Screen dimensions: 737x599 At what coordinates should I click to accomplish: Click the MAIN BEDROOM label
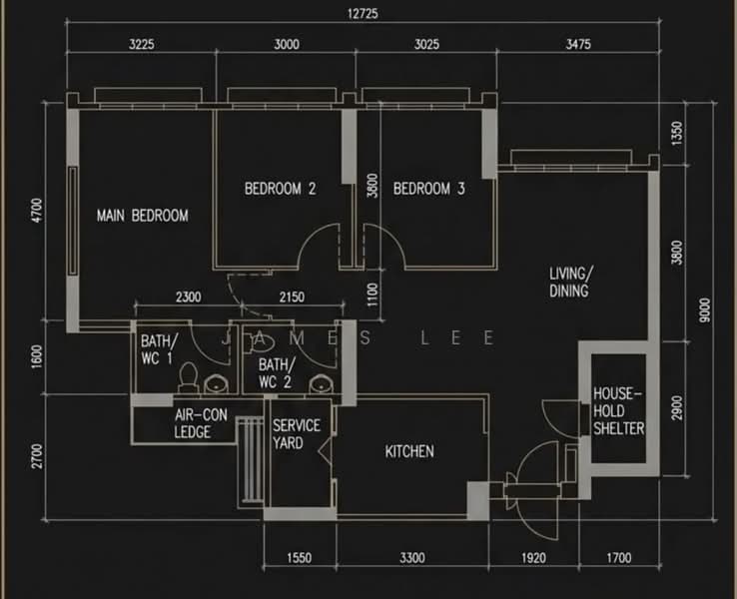(x=143, y=216)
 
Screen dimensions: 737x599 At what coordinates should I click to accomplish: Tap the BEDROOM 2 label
(x=281, y=189)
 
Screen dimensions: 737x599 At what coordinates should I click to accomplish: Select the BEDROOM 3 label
(x=429, y=189)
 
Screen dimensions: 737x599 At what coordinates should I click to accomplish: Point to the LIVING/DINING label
(x=570, y=282)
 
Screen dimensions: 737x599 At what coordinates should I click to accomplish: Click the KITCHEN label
(x=409, y=451)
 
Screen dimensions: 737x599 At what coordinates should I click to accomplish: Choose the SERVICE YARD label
(x=297, y=434)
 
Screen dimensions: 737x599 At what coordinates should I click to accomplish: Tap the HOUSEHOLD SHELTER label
(x=618, y=411)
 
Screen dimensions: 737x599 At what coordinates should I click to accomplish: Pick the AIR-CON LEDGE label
(x=201, y=423)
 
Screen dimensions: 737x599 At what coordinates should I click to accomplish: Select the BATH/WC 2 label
(x=277, y=373)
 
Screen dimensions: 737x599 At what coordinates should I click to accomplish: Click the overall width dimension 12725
(x=363, y=14)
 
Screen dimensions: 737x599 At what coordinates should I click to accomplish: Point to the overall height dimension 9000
(x=705, y=310)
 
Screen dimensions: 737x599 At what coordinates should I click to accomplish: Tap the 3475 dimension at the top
(x=578, y=44)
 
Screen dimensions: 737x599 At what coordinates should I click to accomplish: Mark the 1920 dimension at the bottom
(x=533, y=558)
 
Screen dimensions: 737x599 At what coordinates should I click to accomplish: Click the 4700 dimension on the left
(x=36, y=211)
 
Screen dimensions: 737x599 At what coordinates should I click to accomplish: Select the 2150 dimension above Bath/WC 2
(x=292, y=297)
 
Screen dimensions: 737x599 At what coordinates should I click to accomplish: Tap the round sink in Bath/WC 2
(x=321, y=383)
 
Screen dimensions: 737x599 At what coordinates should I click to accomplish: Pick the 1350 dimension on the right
(x=676, y=134)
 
